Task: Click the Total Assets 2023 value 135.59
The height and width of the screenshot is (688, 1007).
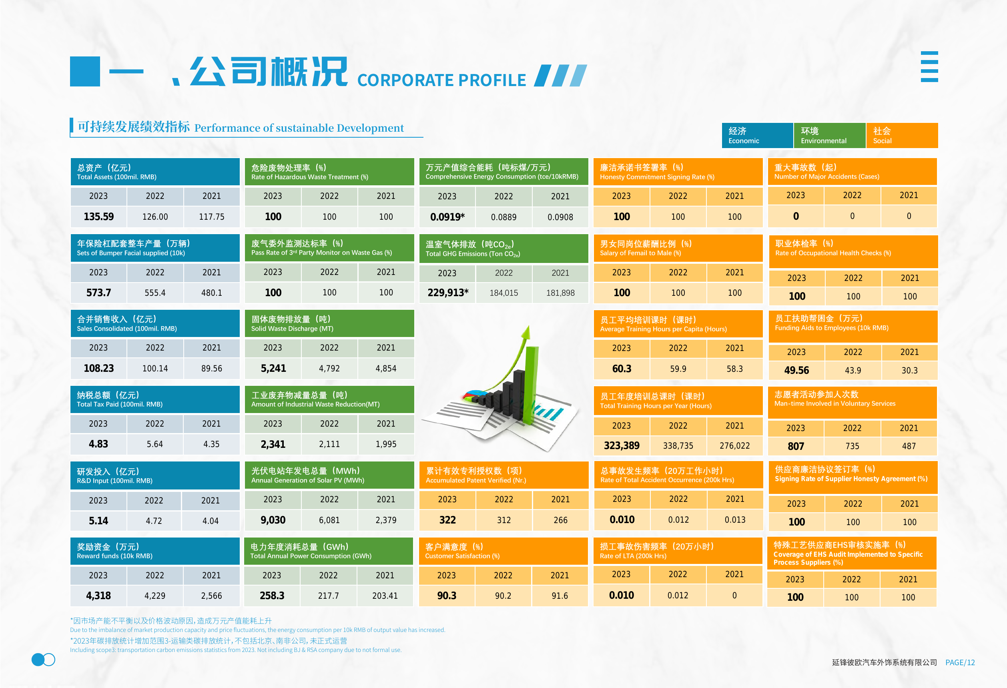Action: click(98, 217)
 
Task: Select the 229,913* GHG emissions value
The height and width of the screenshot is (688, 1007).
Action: click(447, 293)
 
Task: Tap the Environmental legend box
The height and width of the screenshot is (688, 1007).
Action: click(829, 136)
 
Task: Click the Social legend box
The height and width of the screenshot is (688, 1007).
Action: click(902, 136)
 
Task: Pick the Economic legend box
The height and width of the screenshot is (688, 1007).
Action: click(757, 136)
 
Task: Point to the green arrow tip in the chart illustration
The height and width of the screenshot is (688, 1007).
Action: click(528, 326)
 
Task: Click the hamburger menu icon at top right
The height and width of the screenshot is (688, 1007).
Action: click(929, 66)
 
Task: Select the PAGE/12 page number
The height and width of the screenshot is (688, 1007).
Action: click(960, 662)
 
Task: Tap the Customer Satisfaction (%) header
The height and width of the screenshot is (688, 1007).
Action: click(503, 551)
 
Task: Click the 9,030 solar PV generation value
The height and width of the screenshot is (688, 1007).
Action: click(273, 520)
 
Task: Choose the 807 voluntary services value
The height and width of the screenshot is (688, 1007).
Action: click(796, 446)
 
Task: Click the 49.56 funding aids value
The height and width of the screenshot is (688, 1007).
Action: click(796, 371)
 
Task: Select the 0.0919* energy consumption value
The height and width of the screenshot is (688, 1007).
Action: click(447, 217)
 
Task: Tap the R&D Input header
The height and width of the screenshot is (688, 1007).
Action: click(154, 475)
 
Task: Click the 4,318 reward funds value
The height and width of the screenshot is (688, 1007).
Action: click(98, 596)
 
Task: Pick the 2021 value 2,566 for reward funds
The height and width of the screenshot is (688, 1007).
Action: click(211, 596)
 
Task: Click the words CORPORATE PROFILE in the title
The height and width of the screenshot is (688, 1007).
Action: click(441, 80)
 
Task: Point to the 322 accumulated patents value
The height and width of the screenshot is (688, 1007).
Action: click(447, 520)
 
